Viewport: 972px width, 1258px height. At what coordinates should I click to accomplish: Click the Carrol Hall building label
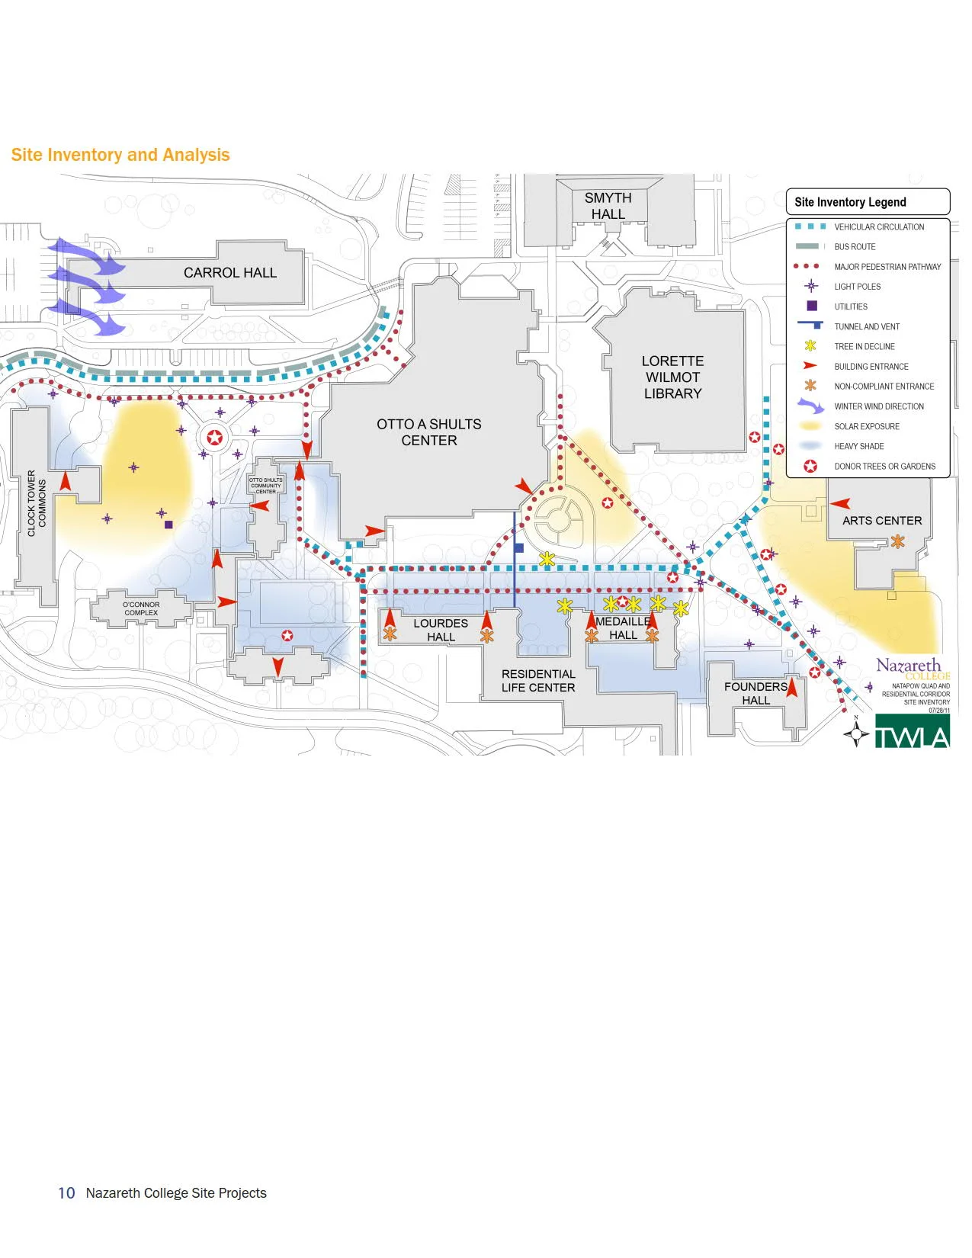click(229, 273)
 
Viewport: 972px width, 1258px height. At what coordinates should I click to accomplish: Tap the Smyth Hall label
click(608, 206)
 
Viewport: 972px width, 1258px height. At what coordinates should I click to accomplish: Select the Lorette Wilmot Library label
click(672, 377)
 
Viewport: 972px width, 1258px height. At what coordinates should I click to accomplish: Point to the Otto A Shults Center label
click(428, 432)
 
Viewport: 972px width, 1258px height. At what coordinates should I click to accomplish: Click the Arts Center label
click(881, 521)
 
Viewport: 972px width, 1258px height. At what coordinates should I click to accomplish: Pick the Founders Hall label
click(755, 693)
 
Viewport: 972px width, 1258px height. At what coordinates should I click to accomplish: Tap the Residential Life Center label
click(538, 681)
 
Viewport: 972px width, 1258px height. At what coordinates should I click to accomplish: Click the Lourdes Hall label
click(441, 630)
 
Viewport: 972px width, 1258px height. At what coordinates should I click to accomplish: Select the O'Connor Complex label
click(142, 608)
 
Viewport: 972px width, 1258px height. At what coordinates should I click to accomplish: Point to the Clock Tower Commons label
click(37, 503)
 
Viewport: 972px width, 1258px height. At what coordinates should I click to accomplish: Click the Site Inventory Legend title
click(850, 202)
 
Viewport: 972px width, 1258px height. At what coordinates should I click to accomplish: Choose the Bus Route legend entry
click(855, 247)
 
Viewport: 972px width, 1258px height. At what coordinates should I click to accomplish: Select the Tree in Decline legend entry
click(864, 347)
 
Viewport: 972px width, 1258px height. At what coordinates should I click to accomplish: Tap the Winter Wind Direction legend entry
click(878, 406)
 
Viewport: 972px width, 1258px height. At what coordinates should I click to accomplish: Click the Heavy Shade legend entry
click(858, 447)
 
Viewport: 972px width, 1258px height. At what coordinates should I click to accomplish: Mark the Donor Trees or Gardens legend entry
click(884, 467)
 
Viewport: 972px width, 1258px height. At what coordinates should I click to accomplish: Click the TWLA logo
click(912, 731)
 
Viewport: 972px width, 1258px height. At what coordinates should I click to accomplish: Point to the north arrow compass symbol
click(856, 733)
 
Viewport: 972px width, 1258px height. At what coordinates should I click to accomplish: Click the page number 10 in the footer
click(66, 1193)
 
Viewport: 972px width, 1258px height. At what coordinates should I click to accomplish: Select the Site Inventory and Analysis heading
click(120, 155)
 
